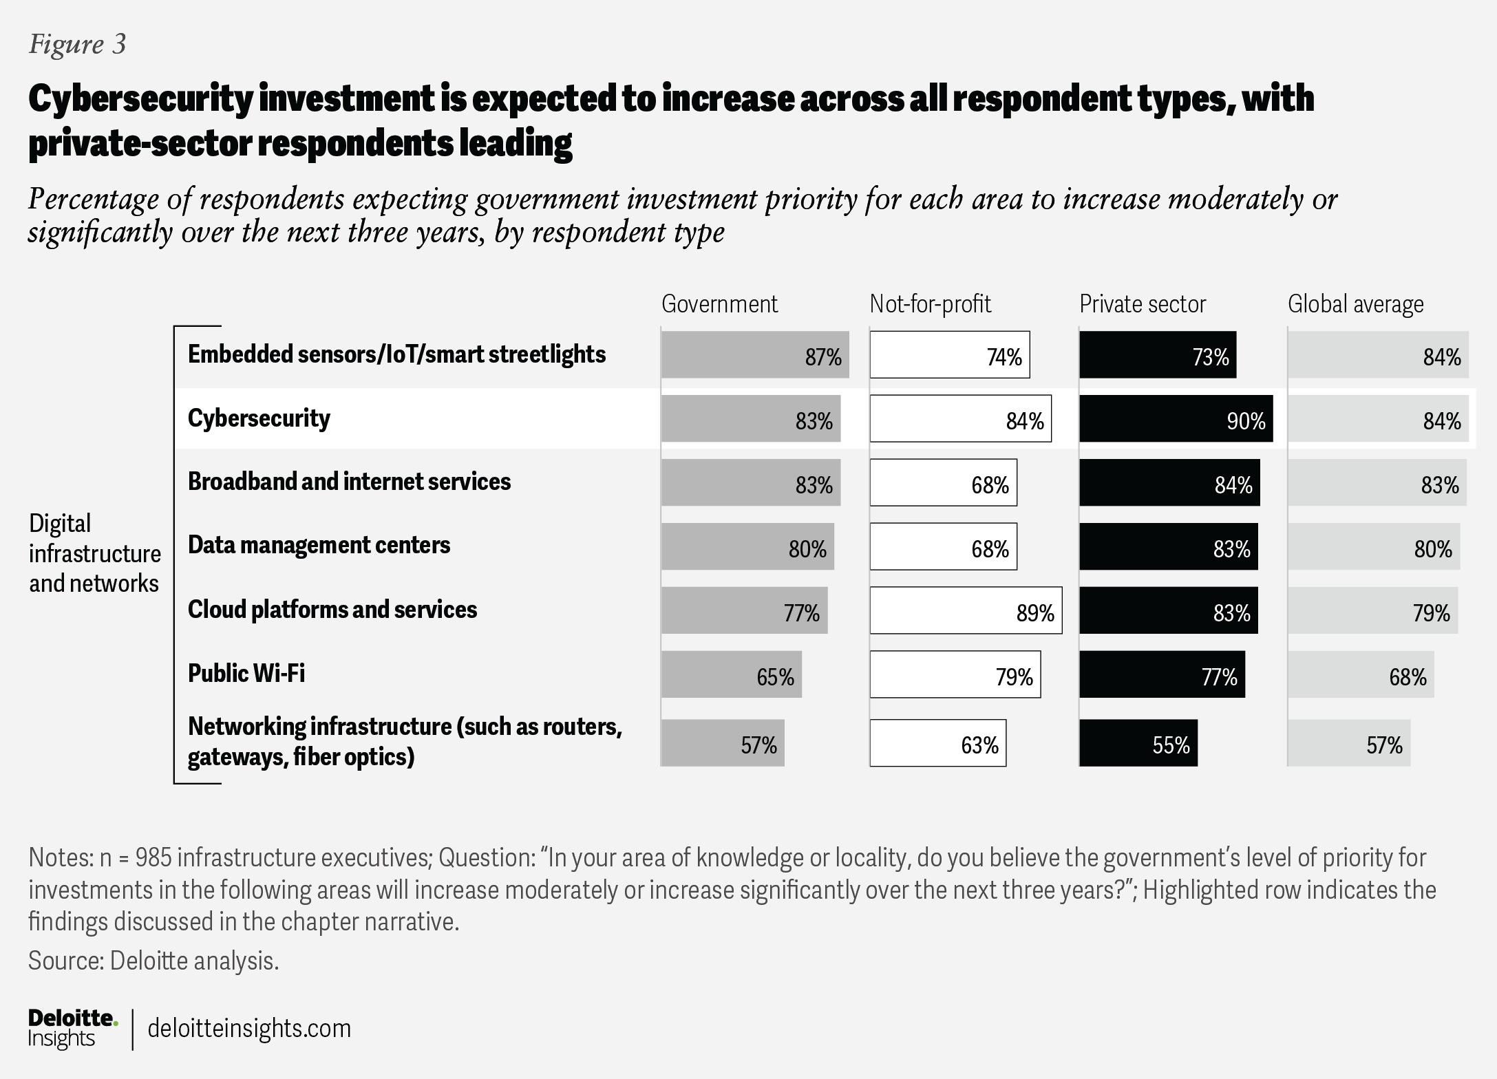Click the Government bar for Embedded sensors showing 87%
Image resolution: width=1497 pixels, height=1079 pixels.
click(x=755, y=355)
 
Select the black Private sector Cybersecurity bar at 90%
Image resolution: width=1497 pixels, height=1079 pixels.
click(x=1176, y=418)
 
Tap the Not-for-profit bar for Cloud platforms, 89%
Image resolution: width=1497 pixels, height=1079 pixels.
click(x=966, y=610)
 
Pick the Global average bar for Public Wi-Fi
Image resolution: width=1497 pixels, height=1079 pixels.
click(x=1361, y=674)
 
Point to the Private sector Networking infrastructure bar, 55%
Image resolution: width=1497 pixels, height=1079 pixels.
click(x=1138, y=743)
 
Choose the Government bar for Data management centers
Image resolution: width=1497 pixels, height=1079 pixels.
click(x=747, y=546)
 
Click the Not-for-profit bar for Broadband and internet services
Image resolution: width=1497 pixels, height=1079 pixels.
click(x=943, y=482)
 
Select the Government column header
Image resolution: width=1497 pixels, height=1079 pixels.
click(x=719, y=303)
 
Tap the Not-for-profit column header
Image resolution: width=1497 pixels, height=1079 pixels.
click(x=931, y=303)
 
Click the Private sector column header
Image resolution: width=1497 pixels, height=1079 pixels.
click(x=1143, y=303)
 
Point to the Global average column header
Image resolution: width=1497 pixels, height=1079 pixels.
click(x=1356, y=304)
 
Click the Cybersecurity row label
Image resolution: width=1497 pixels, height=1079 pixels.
click(x=259, y=418)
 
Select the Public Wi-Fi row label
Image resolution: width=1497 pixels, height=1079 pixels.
click(x=246, y=673)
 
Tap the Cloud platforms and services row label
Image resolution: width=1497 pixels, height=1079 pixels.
click(x=332, y=610)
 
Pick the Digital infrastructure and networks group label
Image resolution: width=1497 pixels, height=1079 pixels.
click(x=95, y=553)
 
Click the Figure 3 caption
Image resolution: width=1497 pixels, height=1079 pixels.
click(x=77, y=44)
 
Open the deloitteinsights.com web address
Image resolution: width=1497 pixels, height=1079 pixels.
click(x=249, y=1028)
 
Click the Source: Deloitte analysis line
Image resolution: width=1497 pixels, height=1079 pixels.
click(x=153, y=961)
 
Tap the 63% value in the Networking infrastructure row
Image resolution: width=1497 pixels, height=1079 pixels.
click(x=980, y=745)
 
